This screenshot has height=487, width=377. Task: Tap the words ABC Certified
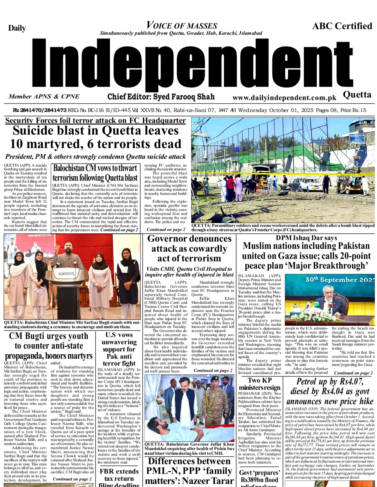(342, 26)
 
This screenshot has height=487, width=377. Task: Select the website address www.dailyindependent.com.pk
(284, 98)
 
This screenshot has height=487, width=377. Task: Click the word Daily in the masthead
(17, 28)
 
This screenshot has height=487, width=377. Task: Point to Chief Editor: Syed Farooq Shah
(161, 97)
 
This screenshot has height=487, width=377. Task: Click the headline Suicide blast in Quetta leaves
(95, 131)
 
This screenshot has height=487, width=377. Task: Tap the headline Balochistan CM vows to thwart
(95, 168)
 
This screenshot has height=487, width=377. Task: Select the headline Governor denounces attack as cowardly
(189, 248)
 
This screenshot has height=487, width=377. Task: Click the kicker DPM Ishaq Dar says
(306, 238)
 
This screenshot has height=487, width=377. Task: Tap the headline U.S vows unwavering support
(119, 349)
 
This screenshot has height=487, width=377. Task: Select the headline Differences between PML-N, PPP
(189, 471)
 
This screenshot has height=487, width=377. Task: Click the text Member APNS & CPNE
(44, 97)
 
